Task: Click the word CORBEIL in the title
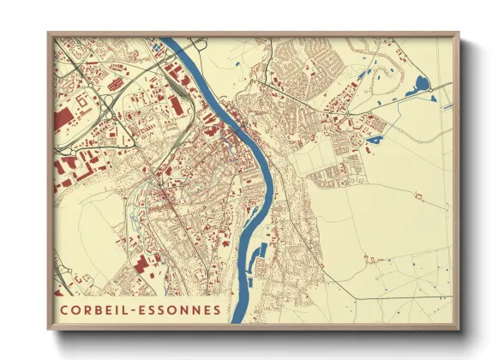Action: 93,309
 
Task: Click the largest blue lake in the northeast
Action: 420,85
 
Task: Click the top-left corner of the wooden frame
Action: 49,33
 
